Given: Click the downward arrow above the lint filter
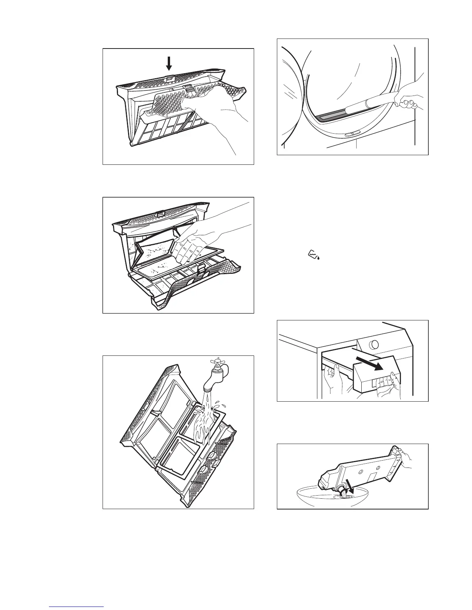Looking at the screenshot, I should coord(169,63).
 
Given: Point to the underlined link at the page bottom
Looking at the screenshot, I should coord(76,607).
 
